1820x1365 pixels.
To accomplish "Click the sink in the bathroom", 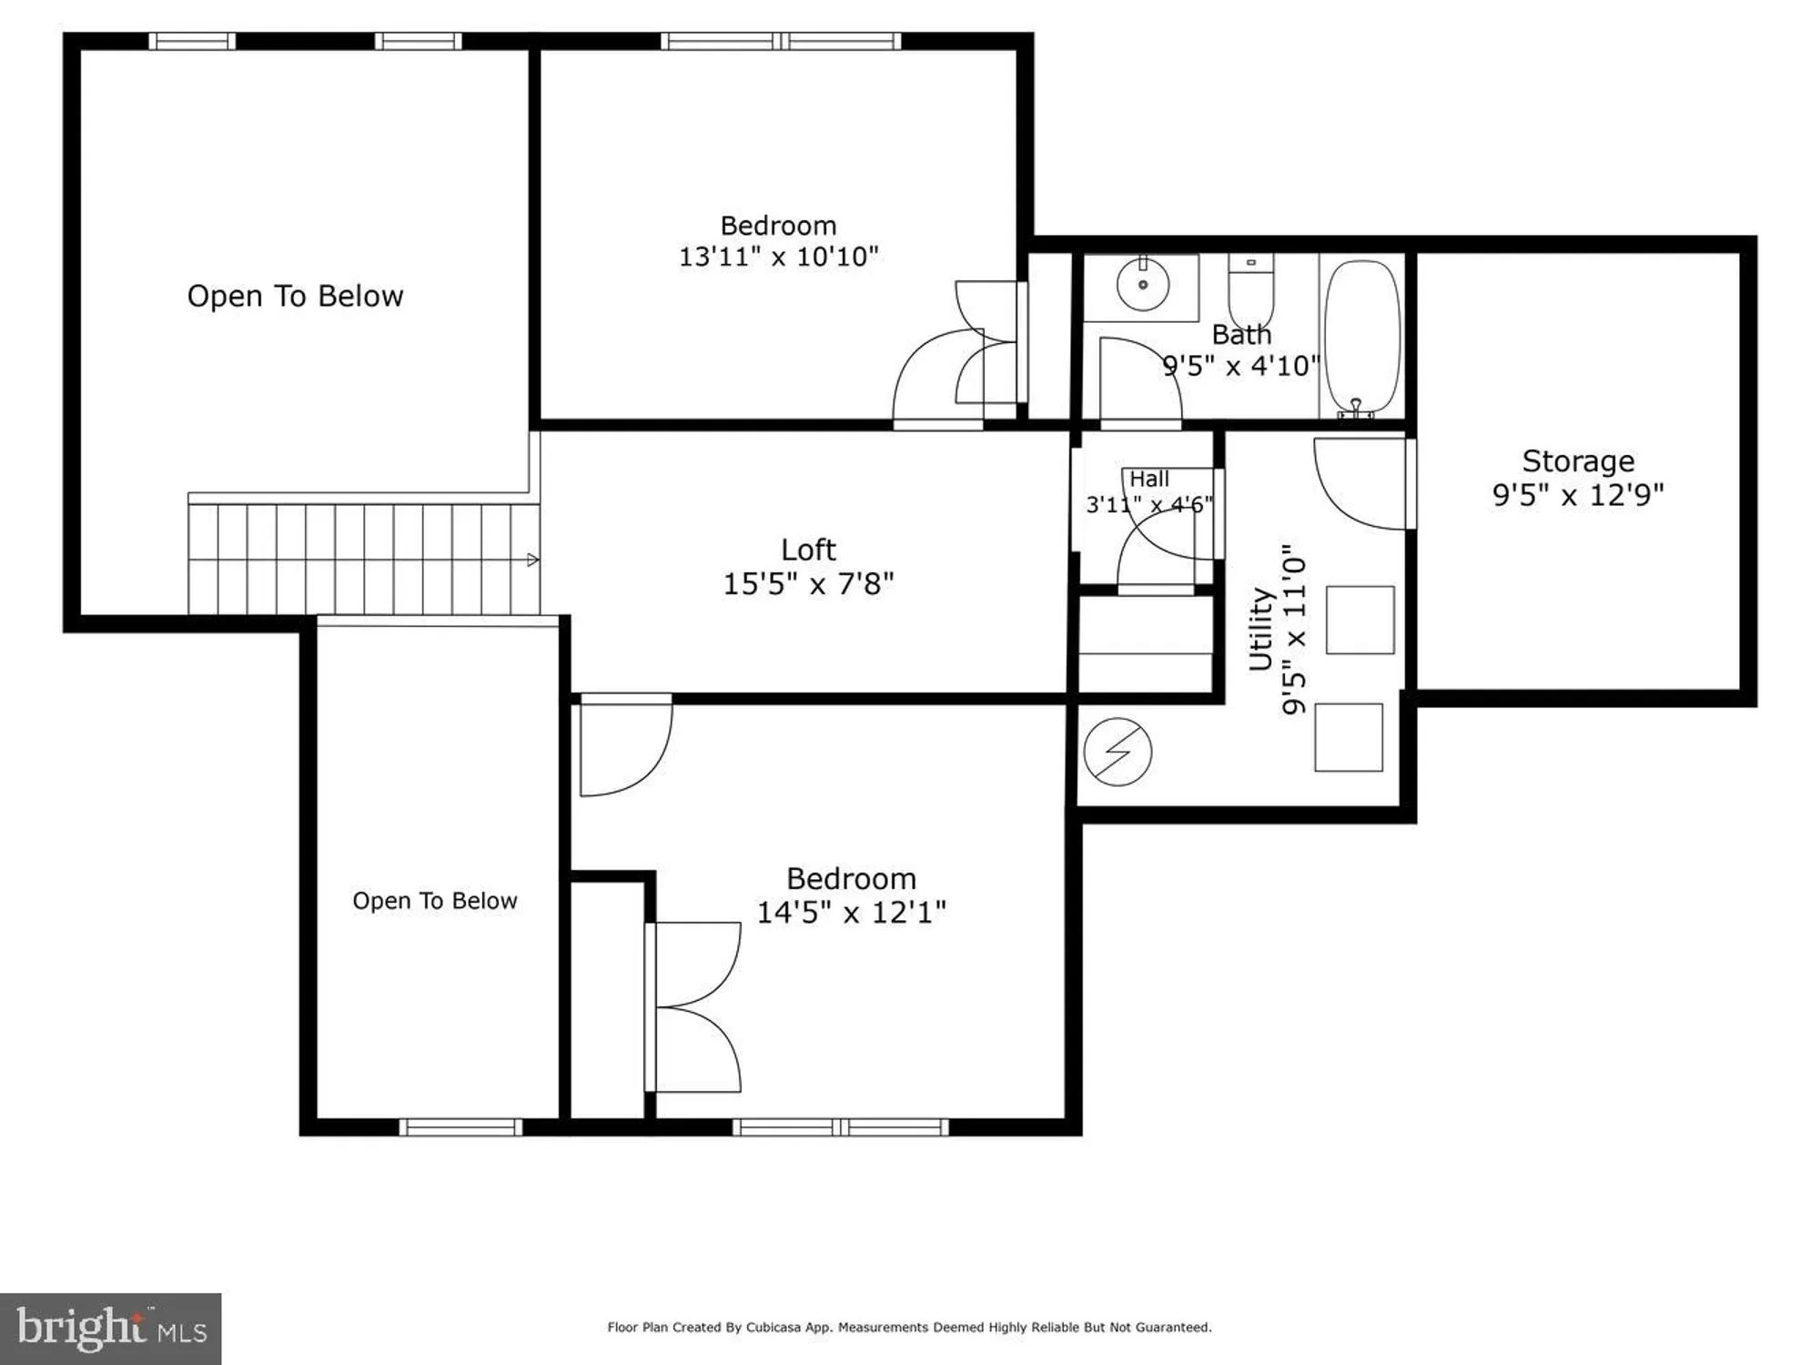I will pos(1142,284).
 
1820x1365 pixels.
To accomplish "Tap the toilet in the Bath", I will pos(1251,289).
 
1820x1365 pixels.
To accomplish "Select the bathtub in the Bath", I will pos(1361,337).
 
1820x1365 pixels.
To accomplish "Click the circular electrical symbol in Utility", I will pos(1117,752).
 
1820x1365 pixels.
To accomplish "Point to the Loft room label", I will pos(808,550).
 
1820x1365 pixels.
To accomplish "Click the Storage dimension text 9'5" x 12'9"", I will pos(1578,495).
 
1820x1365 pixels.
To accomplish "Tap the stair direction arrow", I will pos(533,560).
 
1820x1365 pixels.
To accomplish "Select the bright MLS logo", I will pos(110,1328).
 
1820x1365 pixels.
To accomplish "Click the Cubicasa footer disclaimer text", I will pos(909,1328).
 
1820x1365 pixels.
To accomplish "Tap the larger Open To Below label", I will pos(295,296).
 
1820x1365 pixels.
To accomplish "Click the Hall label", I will pos(1149,479).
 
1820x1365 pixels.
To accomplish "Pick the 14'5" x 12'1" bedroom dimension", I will pos(851,912).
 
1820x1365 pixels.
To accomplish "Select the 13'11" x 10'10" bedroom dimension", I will pos(778,257).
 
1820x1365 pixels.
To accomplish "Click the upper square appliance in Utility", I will pos(1360,620).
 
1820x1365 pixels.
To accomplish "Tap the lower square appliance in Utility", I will pos(1349,737).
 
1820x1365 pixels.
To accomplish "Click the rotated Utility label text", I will pos(1260,629).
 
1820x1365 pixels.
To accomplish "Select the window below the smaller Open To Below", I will pos(460,1127).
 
